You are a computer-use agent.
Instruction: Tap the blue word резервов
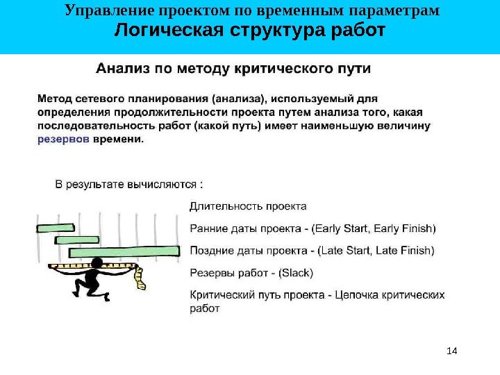[62, 139]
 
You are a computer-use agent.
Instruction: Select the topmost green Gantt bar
[56, 227]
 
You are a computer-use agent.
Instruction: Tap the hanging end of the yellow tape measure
[142, 283]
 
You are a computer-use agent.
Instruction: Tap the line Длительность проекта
[248, 206]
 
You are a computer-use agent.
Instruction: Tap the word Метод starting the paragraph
[53, 99]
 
